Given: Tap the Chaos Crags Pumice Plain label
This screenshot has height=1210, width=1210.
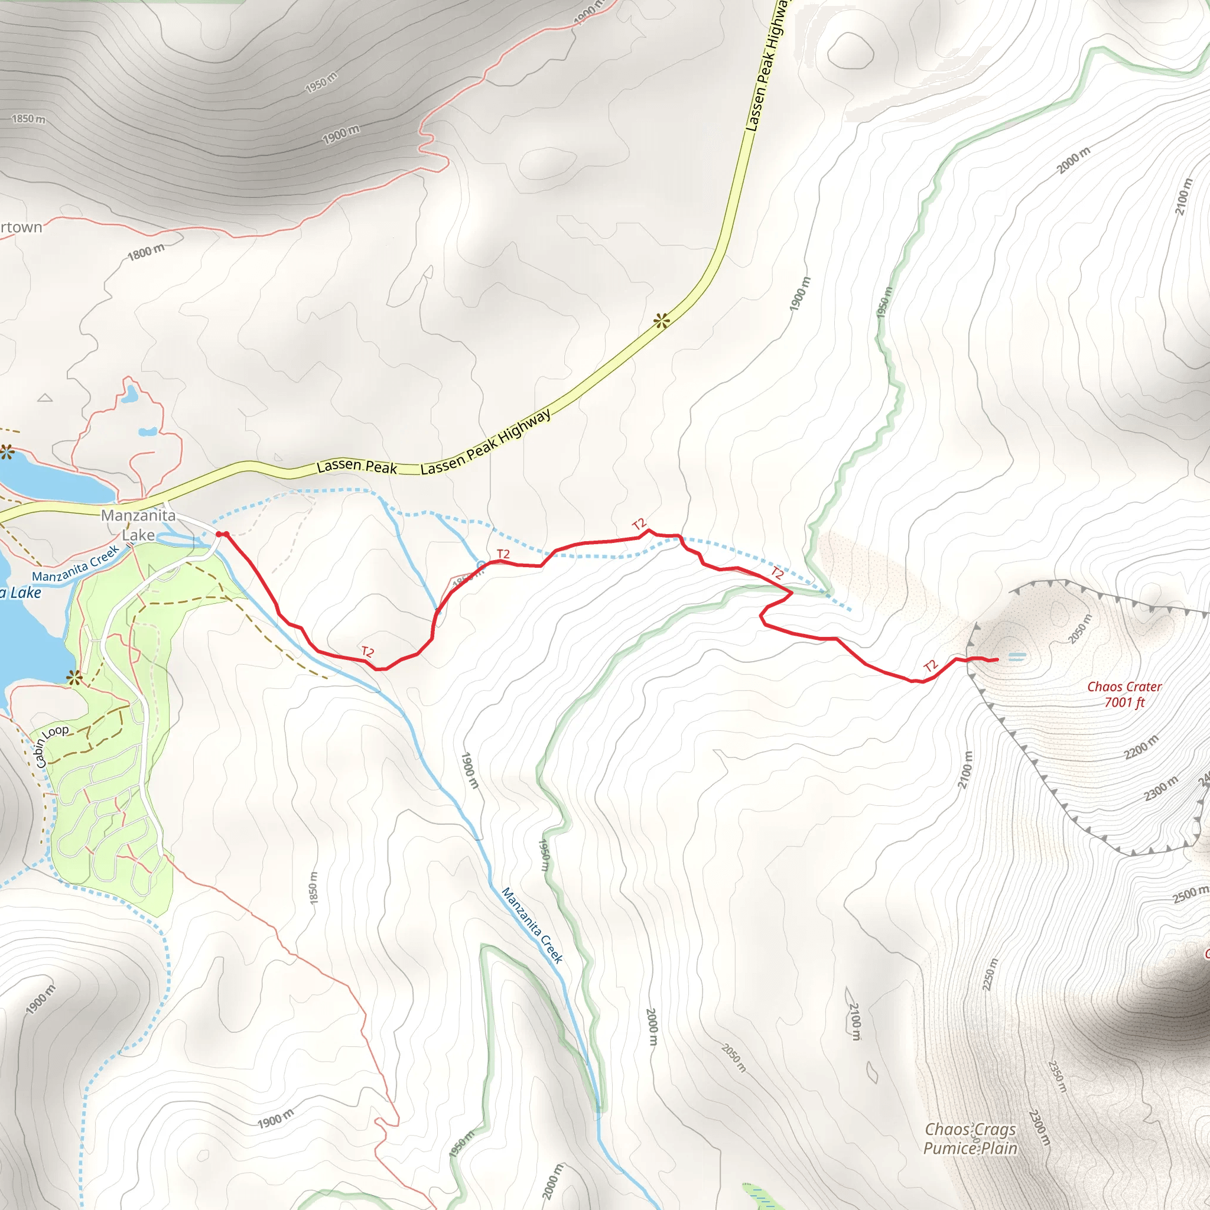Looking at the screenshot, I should click(970, 1138).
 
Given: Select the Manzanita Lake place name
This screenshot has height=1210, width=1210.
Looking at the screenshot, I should click(138, 525).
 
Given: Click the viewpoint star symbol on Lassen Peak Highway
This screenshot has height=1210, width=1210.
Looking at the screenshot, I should click(661, 321).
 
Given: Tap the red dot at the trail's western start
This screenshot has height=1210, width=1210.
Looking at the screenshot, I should click(219, 534).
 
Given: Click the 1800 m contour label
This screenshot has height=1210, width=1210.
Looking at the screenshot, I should click(146, 252).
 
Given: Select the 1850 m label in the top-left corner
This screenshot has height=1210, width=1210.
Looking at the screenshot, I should click(29, 118).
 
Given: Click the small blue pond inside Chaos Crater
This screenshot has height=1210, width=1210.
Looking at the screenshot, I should click(1017, 656).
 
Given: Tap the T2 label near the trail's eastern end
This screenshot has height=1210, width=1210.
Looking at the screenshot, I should click(931, 666).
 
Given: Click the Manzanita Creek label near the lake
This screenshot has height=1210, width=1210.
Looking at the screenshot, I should click(75, 563).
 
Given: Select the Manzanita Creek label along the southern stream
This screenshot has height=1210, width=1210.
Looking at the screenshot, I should click(532, 926).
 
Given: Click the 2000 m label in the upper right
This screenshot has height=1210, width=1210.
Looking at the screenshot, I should click(1074, 160).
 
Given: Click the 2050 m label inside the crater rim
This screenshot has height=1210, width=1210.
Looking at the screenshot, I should click(1081, 629).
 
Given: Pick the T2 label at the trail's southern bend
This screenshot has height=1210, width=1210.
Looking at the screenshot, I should click(367, 652).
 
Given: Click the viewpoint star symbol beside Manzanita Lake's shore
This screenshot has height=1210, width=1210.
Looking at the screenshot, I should click(74, 677).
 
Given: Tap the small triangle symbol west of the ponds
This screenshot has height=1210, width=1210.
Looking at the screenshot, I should click(45, 398).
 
